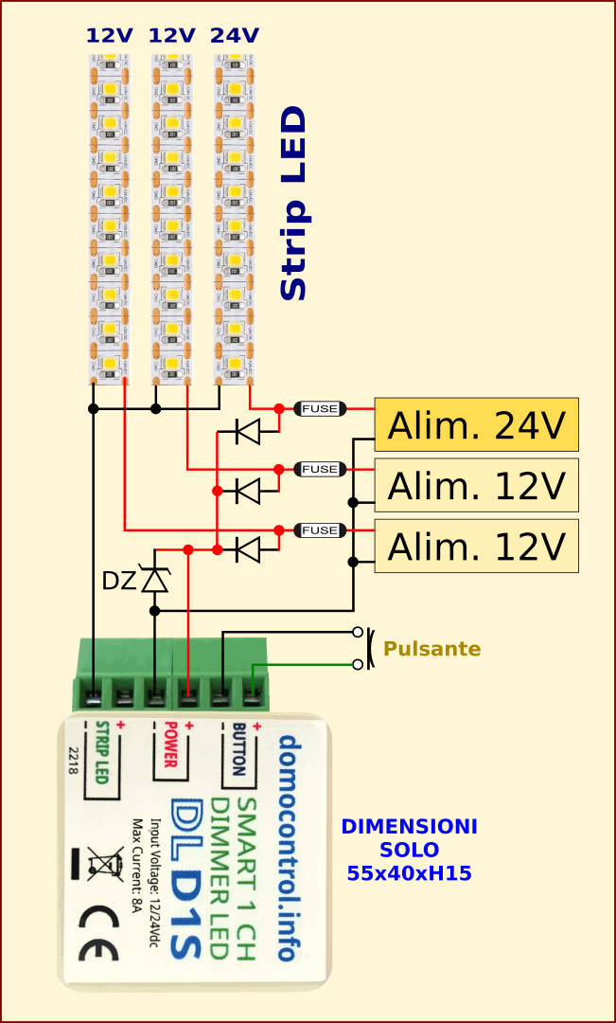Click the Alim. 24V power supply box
[x=476, y=424]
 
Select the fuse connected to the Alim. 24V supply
[x=320, y=408]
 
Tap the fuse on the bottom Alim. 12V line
[x=320, y=530]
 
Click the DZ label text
[x=119, y=581]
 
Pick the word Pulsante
[x=431, y=649]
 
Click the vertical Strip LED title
[x=294, y=204]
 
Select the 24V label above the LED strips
[x=234, y=36]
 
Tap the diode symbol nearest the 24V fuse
[x=248, y=432]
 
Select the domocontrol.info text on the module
[x=287, y=847]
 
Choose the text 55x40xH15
[x=409, y=873]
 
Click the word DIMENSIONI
[x=409, y=827]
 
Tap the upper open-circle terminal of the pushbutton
[x=357, y=632]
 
